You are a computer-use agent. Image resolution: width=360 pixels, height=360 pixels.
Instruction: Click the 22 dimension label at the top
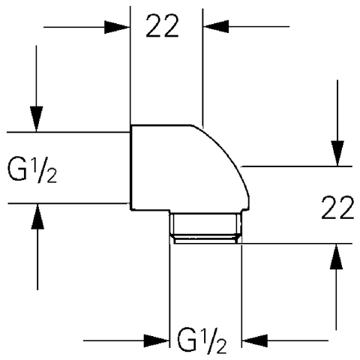(x=162, y=26)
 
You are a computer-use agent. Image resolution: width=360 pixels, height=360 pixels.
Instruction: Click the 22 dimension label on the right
(x=337, y=208)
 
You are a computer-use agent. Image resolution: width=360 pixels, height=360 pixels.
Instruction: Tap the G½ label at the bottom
(x=202, y=341)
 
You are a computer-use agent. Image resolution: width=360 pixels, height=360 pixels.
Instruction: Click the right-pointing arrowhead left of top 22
(x=117, y=27)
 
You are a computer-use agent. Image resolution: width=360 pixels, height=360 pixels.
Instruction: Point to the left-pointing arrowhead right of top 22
(x=216, y=26)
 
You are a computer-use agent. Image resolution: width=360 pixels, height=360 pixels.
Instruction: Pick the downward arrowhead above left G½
(x=37, y=119)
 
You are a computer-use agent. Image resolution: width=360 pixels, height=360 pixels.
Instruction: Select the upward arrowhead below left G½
(x=37, y=217)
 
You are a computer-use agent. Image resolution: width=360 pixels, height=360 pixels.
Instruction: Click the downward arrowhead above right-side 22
(x=337, y=154)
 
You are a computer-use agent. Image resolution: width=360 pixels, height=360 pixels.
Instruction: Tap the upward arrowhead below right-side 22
(x=336, y=256)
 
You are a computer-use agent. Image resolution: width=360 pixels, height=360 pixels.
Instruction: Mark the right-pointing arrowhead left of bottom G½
(x=157, y=340)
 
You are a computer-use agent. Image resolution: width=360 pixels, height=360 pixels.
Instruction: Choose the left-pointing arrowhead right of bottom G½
(x=255, y=340)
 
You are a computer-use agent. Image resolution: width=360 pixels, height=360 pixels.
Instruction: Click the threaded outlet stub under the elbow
(x=205, y=224)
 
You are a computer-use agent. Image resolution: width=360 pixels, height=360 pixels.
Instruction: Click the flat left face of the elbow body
(x=130, y=167)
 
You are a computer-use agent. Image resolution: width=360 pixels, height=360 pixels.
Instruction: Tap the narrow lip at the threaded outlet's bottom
(x=205, y=240)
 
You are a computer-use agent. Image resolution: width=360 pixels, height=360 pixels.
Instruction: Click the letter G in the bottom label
(x=186, y=340)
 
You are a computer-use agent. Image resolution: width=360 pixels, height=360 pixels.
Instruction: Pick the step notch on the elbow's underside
(x=169, y=211)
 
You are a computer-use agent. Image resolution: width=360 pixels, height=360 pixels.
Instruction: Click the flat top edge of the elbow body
(x=161, y=125)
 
